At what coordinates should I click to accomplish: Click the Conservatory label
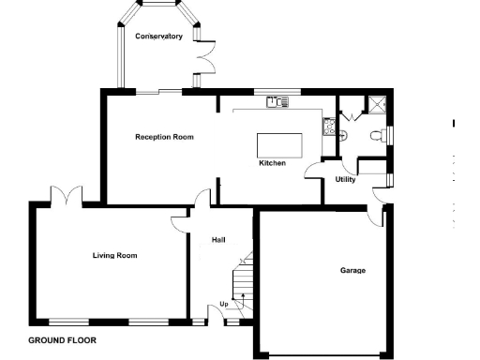tap(157, 37)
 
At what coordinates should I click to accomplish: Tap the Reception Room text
tap(164, 137)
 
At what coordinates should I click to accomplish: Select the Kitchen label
tap(272, 163)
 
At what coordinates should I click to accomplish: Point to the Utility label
tap(345, 179)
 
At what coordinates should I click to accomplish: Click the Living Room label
tap(114, 254)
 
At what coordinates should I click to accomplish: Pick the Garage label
tap(352, 270)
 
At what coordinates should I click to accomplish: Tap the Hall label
tap(218, 240)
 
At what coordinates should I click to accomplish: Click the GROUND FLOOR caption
tap(62, 340)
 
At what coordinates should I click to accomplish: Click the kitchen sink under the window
tap(276, 103)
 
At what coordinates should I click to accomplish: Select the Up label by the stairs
tap(223, 304)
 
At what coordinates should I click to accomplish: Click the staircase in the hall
tap(242, 281)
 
